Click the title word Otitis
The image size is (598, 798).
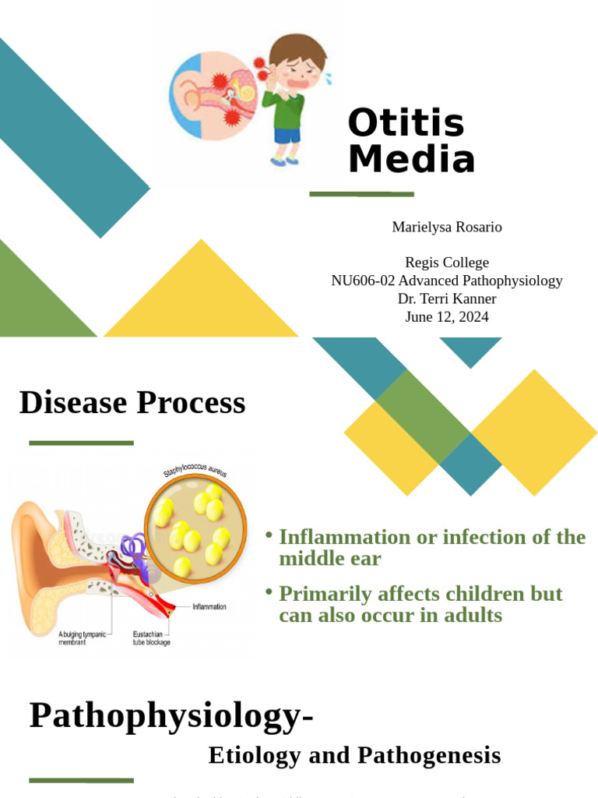[406, 124]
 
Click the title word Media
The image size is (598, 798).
[410, 160]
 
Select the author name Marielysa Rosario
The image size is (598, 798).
[446, 227]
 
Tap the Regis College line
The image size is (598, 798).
[446, 263]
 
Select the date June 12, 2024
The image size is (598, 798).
[446, 316]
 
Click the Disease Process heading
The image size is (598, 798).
[132, 403]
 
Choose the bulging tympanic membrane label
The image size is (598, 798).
[83, 637]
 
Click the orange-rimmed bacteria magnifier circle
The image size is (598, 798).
[195, 529]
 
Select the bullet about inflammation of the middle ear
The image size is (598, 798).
[431, 547]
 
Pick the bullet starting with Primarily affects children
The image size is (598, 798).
[420, 604]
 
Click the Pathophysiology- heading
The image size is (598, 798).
[171, 715]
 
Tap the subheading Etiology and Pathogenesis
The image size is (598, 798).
[354, 754]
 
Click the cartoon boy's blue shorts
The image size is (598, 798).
[287, 136]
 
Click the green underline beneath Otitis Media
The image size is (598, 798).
[361, 194]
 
